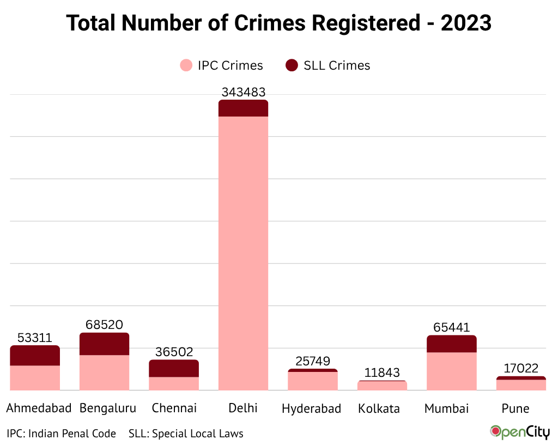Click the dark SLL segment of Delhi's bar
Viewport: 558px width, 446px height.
(x=243, y=108)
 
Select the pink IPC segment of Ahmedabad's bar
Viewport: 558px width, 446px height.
(x=35, y=378)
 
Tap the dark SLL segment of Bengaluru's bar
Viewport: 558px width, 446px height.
(x=104, y=344)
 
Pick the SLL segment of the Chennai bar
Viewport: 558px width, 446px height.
(x=174, y=369)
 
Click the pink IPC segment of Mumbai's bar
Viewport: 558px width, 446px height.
(x=451, y=371)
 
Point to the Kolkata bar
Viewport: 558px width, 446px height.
(x=382, y=386)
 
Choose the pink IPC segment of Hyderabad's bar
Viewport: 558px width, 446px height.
(x=313, y=381)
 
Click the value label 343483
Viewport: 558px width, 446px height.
(x=243, y=92)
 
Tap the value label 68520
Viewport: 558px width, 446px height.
(x=104, y=325)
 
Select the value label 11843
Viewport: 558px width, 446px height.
(x=382, y=373)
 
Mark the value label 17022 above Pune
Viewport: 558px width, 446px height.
(x=520, y=369)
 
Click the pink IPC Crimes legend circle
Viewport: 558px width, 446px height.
(x=186, y=66)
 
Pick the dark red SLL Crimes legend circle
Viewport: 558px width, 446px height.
(x=292, y=66)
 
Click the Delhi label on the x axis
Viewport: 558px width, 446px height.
(x=243, y=408)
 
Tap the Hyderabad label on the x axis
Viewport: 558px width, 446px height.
(x=312, y=408)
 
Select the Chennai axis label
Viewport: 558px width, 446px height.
(x=174, y=408)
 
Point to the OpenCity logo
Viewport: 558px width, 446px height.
(x=520, y=432)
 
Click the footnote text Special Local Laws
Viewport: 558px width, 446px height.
(x=197, y=434)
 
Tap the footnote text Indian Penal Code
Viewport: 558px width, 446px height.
(x=72, y=434)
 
